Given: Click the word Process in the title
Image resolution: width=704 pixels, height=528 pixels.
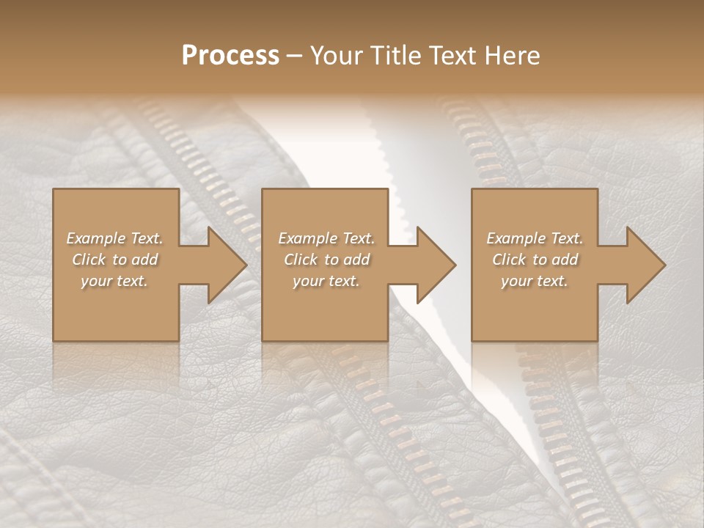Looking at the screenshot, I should point(230,56).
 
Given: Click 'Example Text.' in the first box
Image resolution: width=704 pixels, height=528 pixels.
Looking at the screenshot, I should point(114,238).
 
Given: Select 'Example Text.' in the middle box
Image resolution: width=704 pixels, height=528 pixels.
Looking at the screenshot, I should point(326,238).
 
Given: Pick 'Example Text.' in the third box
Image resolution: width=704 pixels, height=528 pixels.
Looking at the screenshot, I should point(535,238).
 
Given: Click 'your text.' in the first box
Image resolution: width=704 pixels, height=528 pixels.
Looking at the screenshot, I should point(114,281).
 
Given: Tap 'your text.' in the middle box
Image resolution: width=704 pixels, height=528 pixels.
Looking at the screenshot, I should point(326,281).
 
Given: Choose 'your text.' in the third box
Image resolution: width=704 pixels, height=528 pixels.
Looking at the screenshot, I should point(535,281).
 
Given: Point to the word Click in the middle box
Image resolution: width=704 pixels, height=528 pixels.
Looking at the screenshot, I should point(301,260).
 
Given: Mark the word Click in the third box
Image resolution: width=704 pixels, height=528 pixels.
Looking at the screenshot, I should point(509,260).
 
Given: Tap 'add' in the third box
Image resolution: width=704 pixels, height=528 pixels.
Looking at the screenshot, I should point(565,260).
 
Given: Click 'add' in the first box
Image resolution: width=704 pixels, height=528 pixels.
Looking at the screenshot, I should point(144,260).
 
